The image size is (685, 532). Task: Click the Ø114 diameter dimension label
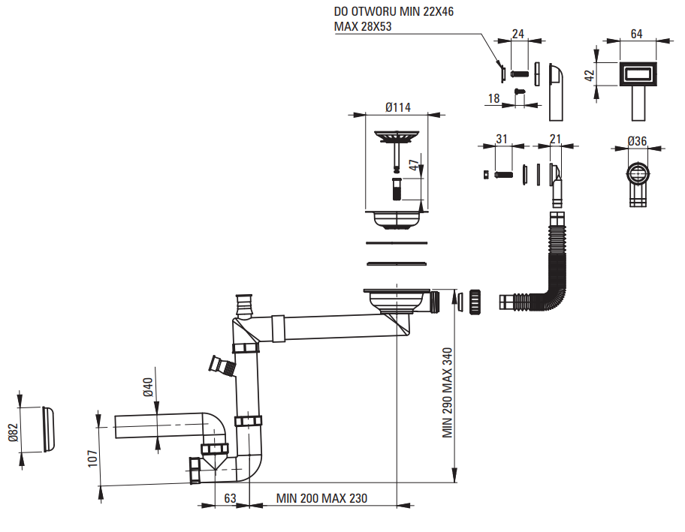[x=397, y=107]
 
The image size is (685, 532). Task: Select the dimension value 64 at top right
[x=636, y=33]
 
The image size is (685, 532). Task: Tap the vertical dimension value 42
[x=590, y=76]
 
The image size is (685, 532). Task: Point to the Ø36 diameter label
[x=637, y=141]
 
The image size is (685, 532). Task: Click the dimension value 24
[x=518, y=34]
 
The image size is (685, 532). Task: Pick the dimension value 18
[x=493, y=98]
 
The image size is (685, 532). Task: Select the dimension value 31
[x=502, y=139]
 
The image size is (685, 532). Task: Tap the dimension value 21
[x=556, y=139]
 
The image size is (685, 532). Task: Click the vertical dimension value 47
[x=412, y=165]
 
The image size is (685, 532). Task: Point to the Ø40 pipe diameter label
[x=148, y=386]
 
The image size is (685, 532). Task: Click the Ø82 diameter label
[x=12, y=433]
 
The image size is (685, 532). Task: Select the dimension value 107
[x=92, y=459]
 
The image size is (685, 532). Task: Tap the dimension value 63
[x=231, y=498]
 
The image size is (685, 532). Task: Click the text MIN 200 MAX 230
[x=321, y=498]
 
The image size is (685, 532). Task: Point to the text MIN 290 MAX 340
[x=447, y=392]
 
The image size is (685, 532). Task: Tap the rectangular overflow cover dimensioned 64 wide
[x=638, y=75]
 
